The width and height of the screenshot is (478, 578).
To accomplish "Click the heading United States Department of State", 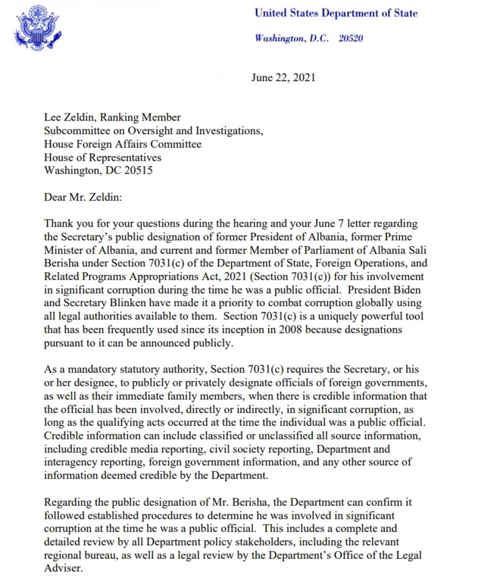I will tap(336, 13).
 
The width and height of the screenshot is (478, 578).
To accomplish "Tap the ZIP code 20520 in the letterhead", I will tap(351, 38).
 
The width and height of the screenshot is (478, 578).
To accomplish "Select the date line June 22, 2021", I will tap(283, 77).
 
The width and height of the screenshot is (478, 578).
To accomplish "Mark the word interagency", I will tap(78, 462).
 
